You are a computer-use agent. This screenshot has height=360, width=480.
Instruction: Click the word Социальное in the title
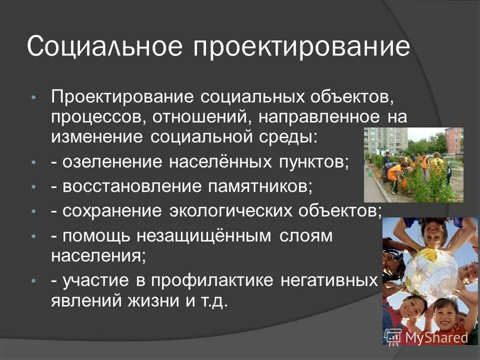click(105, 47)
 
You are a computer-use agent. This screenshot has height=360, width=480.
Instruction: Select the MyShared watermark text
click(436, 337)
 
